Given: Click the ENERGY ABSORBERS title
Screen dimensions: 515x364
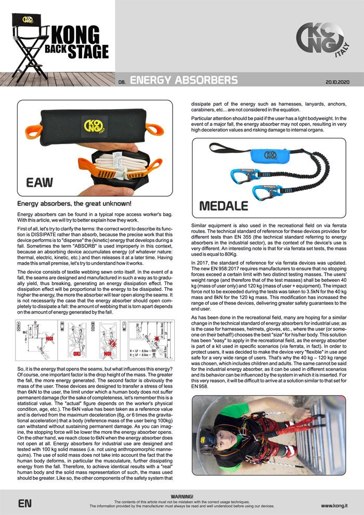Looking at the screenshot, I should pyautogui.click(x=183, y=81).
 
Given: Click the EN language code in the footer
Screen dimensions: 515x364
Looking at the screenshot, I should pyautogui.click(x=25, y=504).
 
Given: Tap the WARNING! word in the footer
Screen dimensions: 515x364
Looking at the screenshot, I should pyautogui.click(x=181, y=497).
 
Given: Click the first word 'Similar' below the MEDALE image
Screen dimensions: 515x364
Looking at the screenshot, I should pyautogui.click(x=200, y=220).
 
